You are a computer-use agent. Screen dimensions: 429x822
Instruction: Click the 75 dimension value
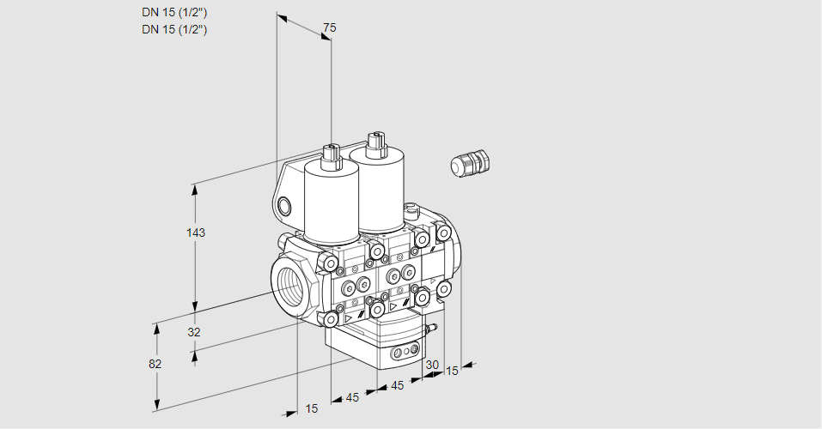(x=329, y=28)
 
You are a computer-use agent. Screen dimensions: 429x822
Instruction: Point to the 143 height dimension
(x=198, y=233)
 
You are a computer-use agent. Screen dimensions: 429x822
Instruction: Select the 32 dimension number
(x=194, y=332)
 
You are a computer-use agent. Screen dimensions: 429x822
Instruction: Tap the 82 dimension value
(x=155, y=364)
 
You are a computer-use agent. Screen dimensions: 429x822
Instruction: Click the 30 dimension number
(x=432, y=365)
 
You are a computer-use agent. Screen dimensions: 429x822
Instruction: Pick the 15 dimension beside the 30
(x=452, y=371)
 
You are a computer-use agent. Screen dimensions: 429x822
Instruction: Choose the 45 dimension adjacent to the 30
(x=397, y=385)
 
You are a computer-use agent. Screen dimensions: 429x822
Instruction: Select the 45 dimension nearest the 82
(x=352, y=397)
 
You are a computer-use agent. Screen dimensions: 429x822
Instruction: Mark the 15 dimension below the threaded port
(x=311, y=408)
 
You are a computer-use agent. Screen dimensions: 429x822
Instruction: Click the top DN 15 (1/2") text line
(x=175, y=12)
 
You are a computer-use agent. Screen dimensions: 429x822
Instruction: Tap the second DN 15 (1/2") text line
(x=175, y=29)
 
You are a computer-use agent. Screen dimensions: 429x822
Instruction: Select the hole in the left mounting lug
(x=284, y=205)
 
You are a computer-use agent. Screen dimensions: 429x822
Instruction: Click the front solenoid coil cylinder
(x=332, y=202)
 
